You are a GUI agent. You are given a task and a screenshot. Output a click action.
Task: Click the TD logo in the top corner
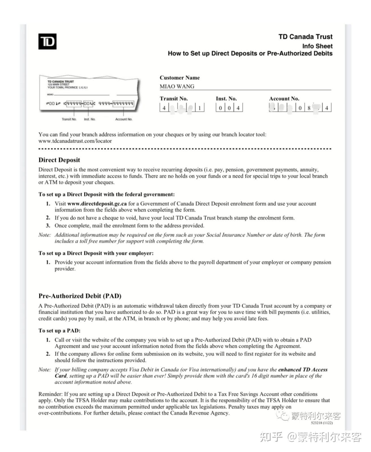click(47, 42)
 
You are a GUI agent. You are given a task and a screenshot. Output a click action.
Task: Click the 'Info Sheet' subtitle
click(317, 46)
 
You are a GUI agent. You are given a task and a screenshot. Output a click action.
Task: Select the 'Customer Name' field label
click(180, 78)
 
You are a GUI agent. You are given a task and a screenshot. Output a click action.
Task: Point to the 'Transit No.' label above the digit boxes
click(174, 99)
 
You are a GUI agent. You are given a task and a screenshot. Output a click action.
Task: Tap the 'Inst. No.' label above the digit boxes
click(226, 99)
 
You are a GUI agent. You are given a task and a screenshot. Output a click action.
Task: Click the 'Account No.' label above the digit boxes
click(284, 99)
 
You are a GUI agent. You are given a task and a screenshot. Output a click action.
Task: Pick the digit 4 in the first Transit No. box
click(164, 108)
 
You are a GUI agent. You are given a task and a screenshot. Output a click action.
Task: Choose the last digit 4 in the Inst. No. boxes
click(238, 108)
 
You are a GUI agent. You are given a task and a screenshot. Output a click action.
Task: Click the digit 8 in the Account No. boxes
click(309, 108)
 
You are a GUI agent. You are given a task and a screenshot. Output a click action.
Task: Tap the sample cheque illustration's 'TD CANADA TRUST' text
click(61, 81)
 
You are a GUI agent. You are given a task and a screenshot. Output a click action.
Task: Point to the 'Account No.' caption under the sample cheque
click(124, 119)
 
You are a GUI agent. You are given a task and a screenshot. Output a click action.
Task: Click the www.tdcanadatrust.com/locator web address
click(75, 141)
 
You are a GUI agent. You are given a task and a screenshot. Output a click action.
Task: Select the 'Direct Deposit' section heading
click(59, 160)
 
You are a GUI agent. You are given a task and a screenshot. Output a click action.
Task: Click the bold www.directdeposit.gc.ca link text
click(97, 204)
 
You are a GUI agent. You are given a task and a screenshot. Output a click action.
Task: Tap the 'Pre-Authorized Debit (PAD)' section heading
click(80, 296)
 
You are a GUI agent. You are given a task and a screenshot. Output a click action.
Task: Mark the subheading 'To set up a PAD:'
click(59, 331)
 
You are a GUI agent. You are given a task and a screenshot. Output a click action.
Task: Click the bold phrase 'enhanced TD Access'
click(303, 369)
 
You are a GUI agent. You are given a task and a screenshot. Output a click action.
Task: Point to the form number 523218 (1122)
click(322, 423)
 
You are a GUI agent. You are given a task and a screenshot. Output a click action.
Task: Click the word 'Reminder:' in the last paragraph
click(50, 394)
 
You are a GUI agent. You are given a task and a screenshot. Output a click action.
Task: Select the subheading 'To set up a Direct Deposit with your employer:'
click(96, 253)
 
